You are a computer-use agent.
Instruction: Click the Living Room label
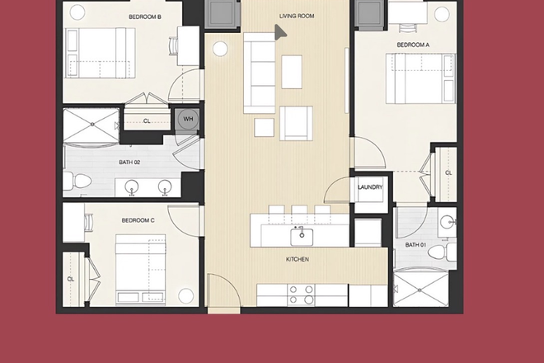(x=297, y=16)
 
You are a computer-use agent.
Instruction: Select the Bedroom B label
(x=144, y=16)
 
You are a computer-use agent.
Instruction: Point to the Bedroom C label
(x=138, y=220)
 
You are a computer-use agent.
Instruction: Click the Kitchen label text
(x=297, y=259)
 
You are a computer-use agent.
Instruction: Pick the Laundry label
(x=370, y=187)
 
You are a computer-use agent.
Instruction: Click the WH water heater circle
(x=187, y=119)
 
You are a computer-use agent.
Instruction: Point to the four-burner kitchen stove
(x=301, y=295)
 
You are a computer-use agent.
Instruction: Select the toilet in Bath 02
(x=73, y=179)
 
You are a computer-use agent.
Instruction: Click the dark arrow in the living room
(x=280, y=31)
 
